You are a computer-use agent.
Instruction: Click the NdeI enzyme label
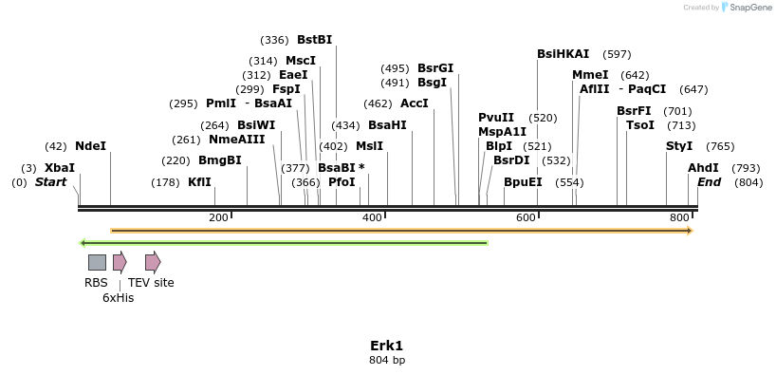coord(90,146)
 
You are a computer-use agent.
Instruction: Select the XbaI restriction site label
coord(59,168)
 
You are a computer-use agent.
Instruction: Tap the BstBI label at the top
coord(314,40)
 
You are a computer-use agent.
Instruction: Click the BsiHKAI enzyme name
coord(563,54)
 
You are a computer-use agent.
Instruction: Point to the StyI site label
coord(679,146)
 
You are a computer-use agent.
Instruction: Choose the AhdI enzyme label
coord(703,168)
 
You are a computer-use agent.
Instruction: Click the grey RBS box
coord(97,262)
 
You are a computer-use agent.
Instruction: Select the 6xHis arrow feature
coord(120,262)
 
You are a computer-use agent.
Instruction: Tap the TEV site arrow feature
coord(152,262)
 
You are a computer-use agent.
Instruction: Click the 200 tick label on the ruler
coord(218,218)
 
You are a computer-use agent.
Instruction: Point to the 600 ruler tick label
coord(526,218)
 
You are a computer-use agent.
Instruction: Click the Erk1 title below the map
coord(387,346)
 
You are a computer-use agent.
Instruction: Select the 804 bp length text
coord(387,361)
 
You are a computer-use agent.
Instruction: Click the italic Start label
coord(50,182)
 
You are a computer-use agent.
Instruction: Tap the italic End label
coord(709,182)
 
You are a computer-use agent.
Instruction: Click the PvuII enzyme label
coord(496,118)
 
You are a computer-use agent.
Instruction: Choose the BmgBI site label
coord(220,160)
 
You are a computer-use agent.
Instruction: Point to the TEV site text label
coord(151,283)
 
